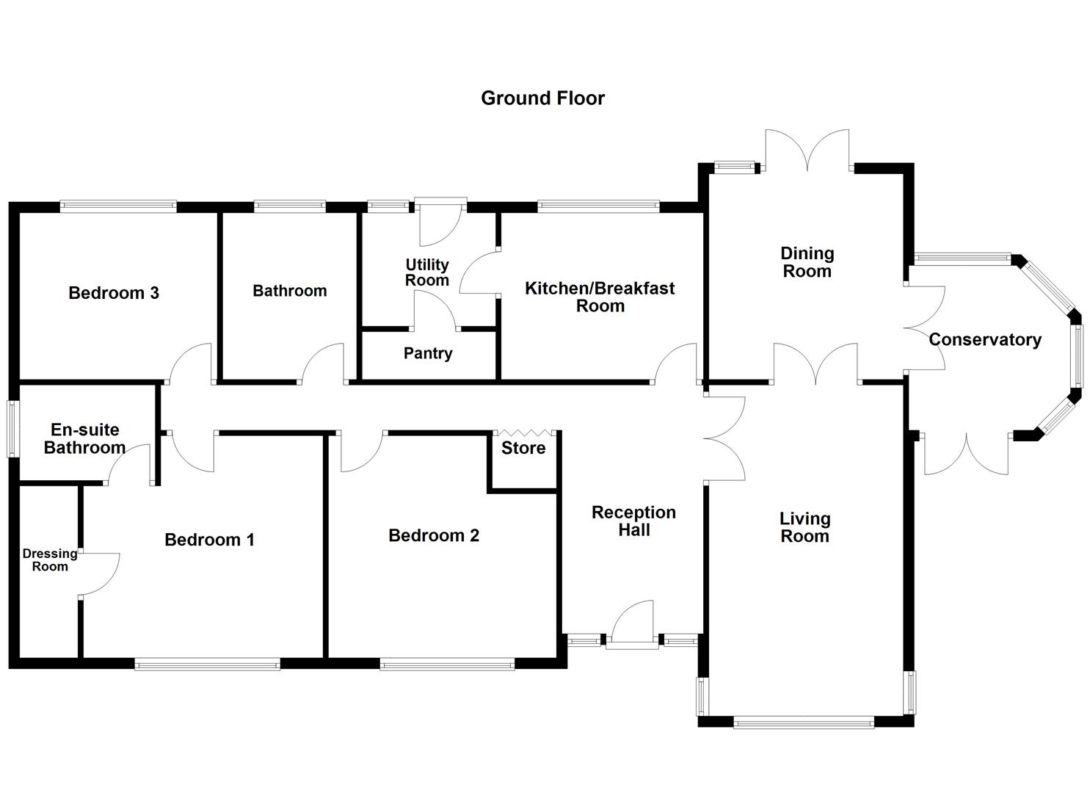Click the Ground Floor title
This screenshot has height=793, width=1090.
tap(542, 98)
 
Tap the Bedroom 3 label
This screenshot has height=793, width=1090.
tap(114, 293)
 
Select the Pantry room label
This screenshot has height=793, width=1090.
tap(428, 353)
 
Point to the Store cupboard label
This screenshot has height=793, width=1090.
tap(523, 448)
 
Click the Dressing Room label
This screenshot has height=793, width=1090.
tap(50, 560)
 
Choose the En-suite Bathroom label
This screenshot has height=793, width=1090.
tap(84, 438)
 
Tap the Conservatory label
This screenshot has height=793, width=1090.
tap(984, 340)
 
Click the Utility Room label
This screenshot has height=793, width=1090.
tap(427, 272)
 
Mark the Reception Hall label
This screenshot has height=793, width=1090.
tap(633, 521)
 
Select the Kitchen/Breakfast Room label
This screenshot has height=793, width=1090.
tap(600, 297)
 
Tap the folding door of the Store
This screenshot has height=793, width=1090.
tap(524, 432)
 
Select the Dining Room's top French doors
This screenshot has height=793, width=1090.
tap(807, 151)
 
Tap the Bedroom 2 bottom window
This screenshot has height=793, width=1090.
tap(447, 665)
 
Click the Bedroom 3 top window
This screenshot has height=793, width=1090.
tap(118, 206)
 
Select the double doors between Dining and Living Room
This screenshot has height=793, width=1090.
tap(815, 364)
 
